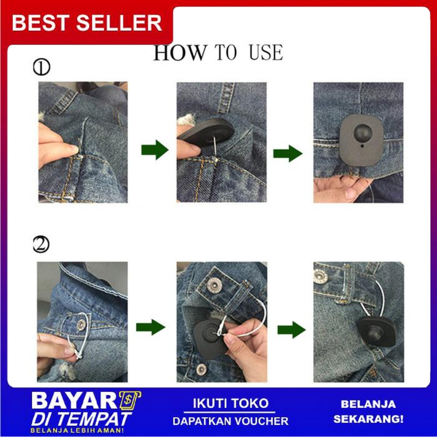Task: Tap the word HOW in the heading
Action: coord(179,53)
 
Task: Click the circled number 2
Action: coord(41,245)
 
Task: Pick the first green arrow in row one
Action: coord(154,149)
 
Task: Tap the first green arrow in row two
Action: coord(150,327)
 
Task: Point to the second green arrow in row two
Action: coord(291,329)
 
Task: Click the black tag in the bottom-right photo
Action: coord(376,331)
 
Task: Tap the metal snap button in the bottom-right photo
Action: coord(320,276)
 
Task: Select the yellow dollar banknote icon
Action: coord(130,400)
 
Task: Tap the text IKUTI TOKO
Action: coord(230,403)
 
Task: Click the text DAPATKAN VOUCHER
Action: coord(230,421)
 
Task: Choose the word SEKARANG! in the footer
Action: coord(368,419)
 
